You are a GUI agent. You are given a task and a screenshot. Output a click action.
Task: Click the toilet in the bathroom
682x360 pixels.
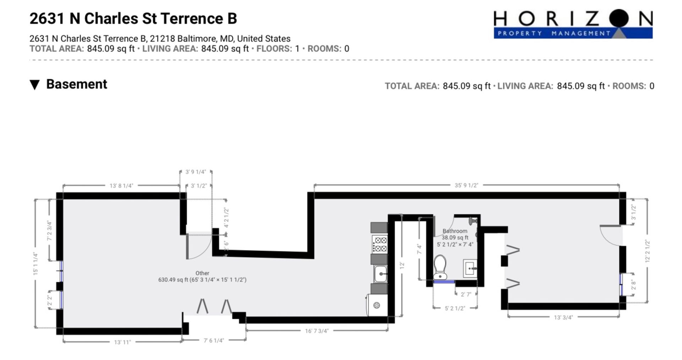(440, 267)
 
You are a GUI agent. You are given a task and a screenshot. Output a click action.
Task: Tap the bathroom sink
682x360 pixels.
(470, 268)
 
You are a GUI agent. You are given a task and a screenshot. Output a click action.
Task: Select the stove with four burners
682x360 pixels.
(379, 244)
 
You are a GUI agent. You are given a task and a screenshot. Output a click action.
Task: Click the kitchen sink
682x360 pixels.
(380, 274)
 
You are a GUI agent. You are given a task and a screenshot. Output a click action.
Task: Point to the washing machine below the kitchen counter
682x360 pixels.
(377, 305)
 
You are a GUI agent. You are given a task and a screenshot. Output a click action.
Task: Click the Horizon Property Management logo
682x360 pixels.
(573, 24)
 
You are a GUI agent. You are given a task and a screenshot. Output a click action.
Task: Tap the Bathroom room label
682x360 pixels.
(455, 231)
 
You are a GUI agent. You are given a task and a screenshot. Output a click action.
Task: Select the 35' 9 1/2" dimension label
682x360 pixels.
(466, 185)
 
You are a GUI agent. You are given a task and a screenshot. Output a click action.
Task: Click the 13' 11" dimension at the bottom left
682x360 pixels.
(123, 342)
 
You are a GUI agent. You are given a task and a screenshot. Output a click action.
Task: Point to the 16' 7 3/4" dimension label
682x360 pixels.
(317, 331)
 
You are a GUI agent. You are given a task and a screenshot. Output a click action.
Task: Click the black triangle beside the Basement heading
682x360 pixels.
(34, 85)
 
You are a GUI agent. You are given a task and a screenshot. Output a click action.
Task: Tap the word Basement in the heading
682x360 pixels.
(77, 84)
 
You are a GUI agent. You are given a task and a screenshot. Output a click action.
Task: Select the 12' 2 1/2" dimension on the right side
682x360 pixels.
(648, 251)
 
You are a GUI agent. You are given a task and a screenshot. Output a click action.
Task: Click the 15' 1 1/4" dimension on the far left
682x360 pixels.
(36, 263)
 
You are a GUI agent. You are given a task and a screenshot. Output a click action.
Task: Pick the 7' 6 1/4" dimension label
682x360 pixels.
(214, 340)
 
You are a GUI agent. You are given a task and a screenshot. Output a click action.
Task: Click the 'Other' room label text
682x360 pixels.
(202, 273)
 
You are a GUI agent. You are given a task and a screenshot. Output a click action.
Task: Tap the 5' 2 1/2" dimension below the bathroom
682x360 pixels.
(455, 308)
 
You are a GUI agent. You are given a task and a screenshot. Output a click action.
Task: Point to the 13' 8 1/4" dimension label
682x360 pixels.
(121, 185)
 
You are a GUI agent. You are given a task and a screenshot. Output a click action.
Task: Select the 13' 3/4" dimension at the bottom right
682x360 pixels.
(563, 317)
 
